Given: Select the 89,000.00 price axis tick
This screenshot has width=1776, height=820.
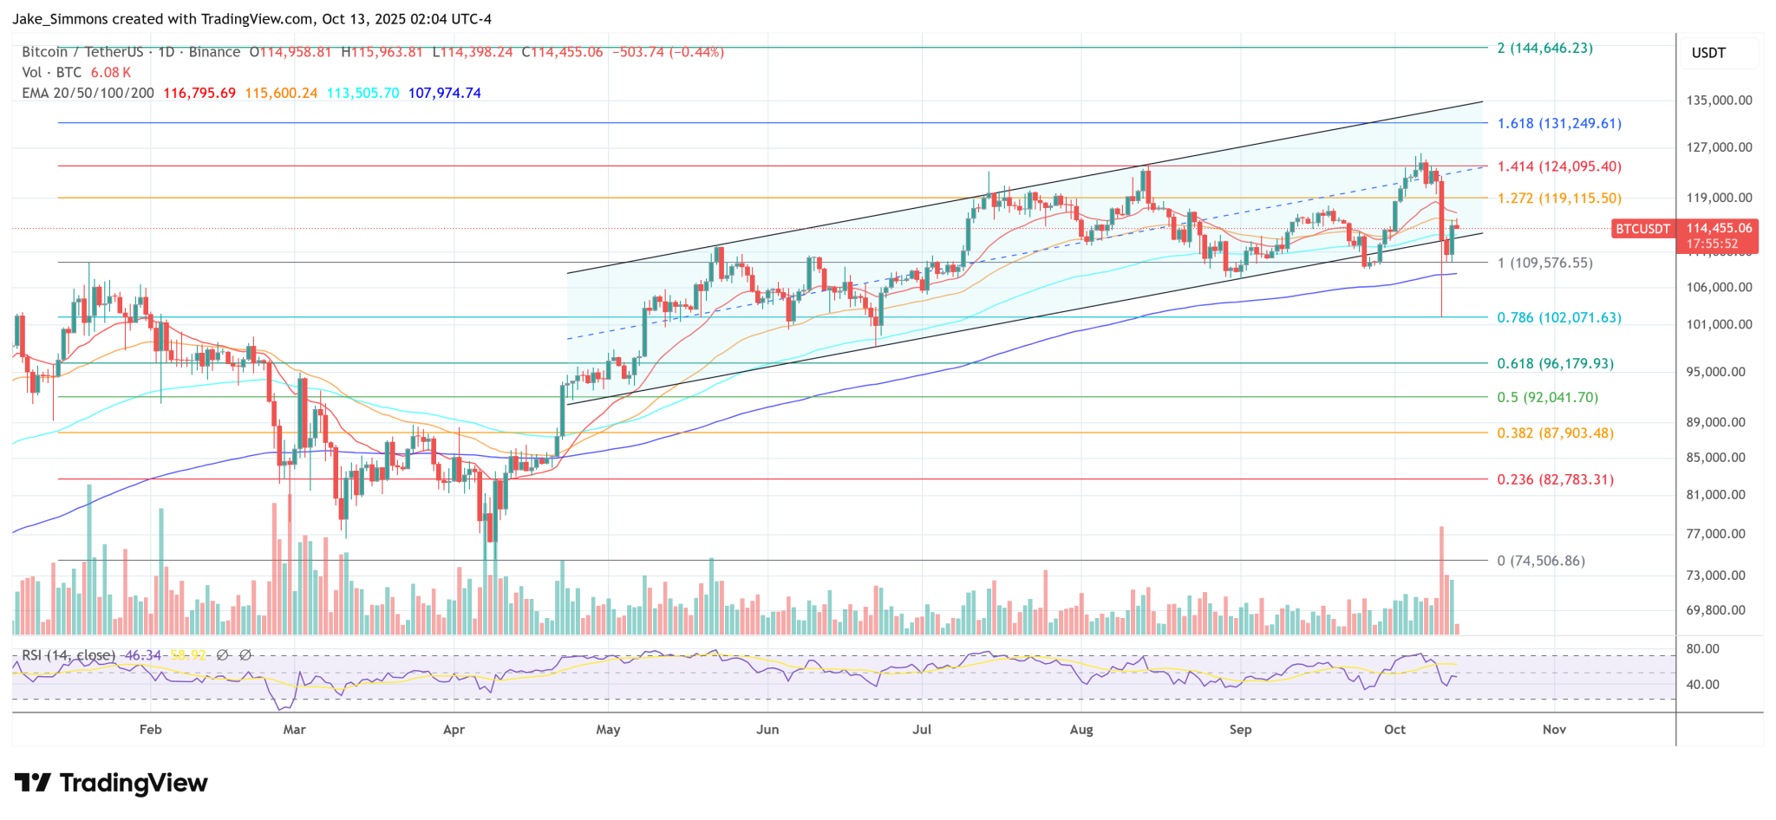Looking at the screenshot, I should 1715,423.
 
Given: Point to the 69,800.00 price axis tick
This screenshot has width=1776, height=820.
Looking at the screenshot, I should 1715,610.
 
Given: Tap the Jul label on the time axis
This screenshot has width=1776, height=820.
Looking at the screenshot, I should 922,730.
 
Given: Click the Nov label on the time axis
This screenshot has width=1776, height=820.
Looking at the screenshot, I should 1554,730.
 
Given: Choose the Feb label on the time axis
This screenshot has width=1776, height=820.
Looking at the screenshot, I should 151,730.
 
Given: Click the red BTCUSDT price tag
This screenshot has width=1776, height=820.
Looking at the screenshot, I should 1642,229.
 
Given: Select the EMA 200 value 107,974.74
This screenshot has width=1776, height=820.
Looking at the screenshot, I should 444,93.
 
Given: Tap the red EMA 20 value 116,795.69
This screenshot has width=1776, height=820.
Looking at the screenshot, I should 199,93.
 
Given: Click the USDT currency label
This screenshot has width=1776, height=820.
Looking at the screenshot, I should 1708,53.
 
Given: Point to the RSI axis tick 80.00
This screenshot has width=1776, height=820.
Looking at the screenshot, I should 1703,649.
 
